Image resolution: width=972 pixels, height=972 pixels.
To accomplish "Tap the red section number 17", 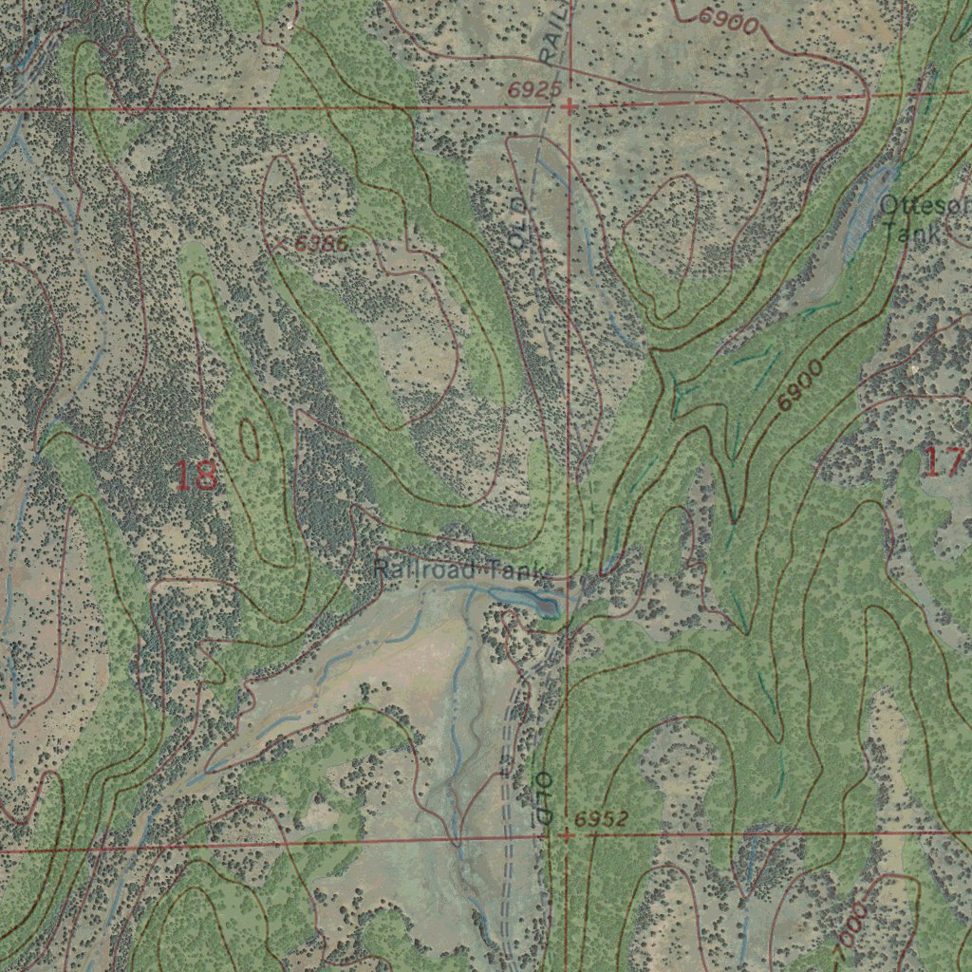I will point(944,462).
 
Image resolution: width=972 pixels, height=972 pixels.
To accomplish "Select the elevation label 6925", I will point(528,90).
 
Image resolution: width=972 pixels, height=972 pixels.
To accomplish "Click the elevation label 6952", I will point(601,819).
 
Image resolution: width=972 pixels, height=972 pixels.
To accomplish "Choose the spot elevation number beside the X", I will point(321,244).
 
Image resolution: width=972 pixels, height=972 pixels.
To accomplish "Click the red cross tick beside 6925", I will point(569,107).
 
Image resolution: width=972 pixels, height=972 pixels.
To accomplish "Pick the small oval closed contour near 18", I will point(250,438).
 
